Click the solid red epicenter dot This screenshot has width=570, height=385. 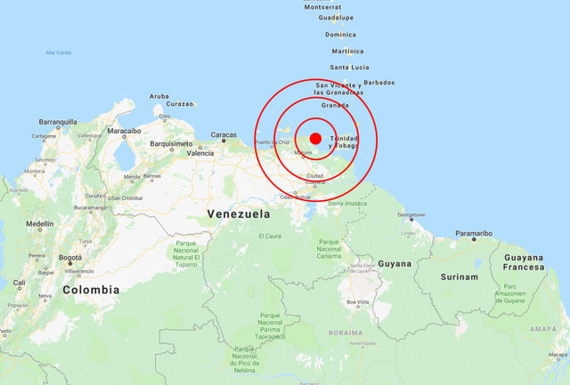click(315, 138)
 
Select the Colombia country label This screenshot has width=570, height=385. click(91, 290)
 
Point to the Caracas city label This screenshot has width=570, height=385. click(224, 136)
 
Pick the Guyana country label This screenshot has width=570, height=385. click(395, 264)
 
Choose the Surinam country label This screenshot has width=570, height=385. click(459, 277)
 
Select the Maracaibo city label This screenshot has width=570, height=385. click(124, 131)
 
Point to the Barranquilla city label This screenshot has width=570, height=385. click(58, 122)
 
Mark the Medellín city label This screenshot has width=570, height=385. click(40, 224)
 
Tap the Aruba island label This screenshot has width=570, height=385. click(159, 96)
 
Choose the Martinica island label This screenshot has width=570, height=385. click(346, 52)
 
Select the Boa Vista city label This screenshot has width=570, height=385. click(357, 303)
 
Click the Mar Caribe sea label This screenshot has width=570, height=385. click(59, 52)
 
